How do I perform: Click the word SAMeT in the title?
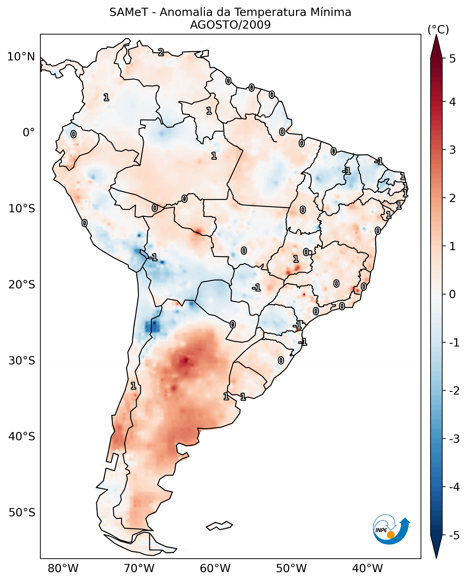tap(128, 12)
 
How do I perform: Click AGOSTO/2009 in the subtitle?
tap(230, 25)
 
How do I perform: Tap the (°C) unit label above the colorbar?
tap(438, 30)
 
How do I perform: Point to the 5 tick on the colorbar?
tap(452, 59)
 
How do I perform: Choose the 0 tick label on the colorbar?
tap(452, 294)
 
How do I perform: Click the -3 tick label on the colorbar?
tap(454, 439)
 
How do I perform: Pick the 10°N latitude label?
tap(21, 57)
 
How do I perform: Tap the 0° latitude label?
tap(29, 133)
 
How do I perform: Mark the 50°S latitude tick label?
tap(22, 513)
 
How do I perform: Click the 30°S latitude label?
tap(22, 361)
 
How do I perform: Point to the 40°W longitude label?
tap(367, 569)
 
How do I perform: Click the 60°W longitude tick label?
tap(215, 569)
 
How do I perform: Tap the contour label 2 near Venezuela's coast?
tap(161, 52)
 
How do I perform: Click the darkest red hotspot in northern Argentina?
tap(185, 360)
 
